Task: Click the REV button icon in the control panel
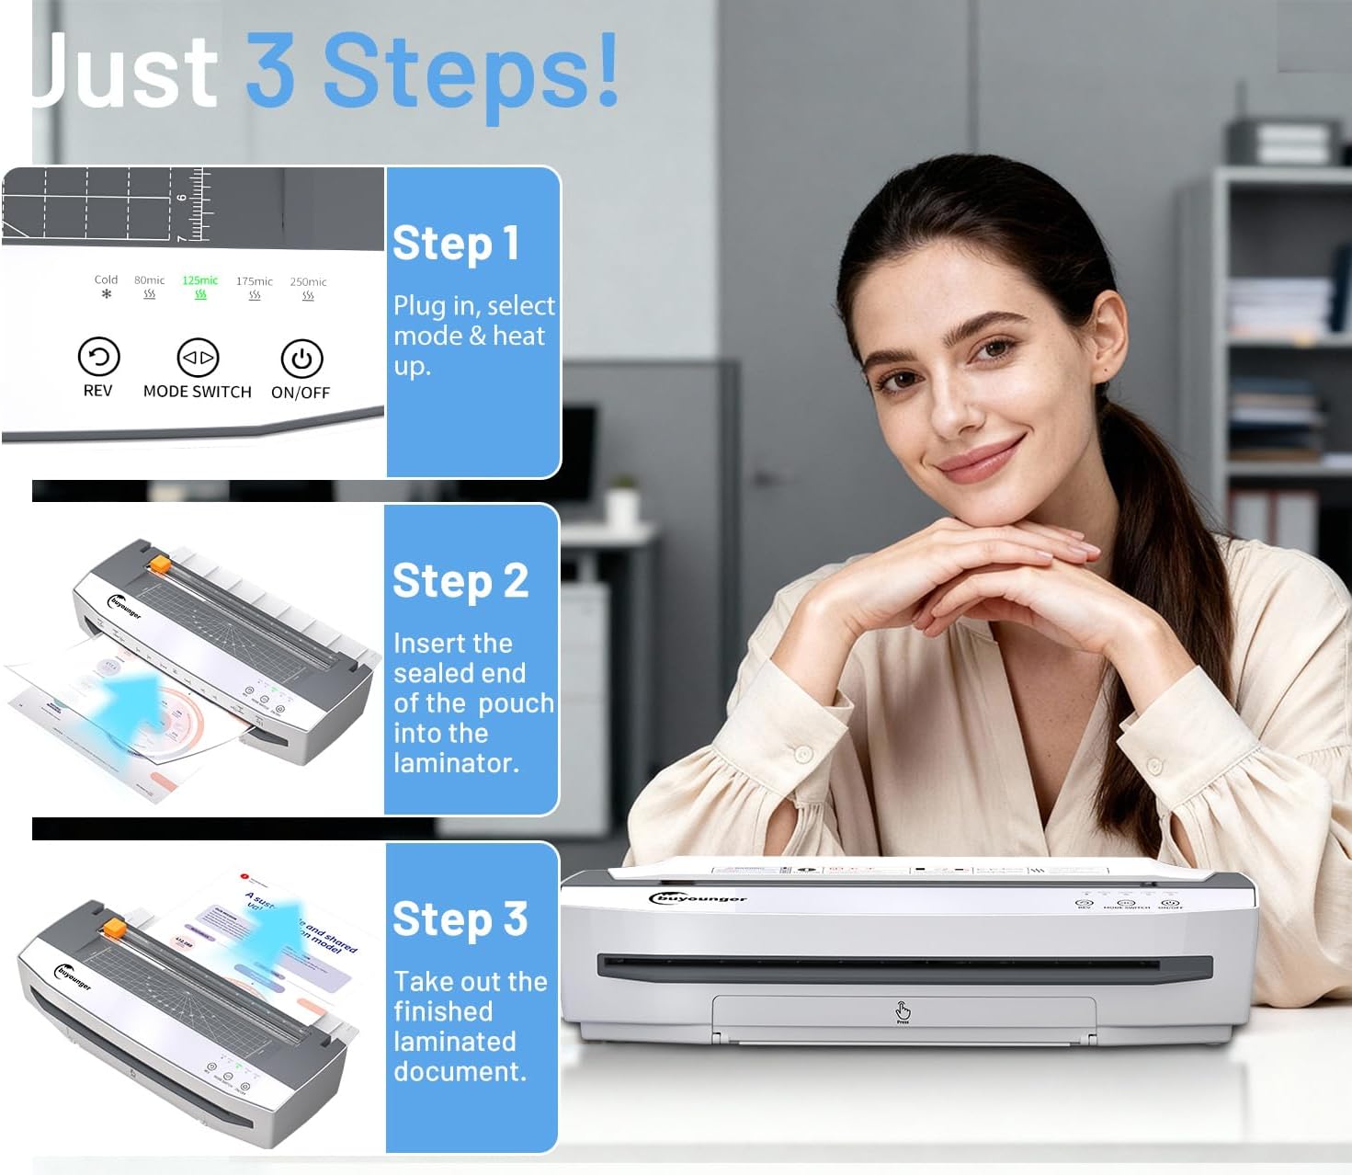pyautogui.click(x=98, y=357)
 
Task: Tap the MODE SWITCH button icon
pyautogui.click(x=197, y=358)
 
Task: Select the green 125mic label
pyautogui.click(x=199, y=280)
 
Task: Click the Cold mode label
pyautogui.click(x=106, y=279)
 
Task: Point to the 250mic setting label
pyautogui.click(x=308, y=282)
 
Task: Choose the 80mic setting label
pyautogui.click(x=149, y=280)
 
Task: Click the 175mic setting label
pyautogui.click(x=254, y=281)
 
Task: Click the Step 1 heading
pyautogui.click(x=456, y=245)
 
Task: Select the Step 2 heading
pyautogui.click(x=460, y=582)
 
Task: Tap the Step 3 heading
pyautogui.click(x=460, y=919)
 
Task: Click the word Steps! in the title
pyautogui.click(x=471, y=72)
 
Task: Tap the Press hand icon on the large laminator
pyautogui.click(x=903, y=1011)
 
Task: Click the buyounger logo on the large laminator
pyautogui.click(x=699, y=898)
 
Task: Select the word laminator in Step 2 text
pyautogui.click(x=455, y=763)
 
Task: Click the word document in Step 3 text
pyautogui.click(x=459, y=1072)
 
